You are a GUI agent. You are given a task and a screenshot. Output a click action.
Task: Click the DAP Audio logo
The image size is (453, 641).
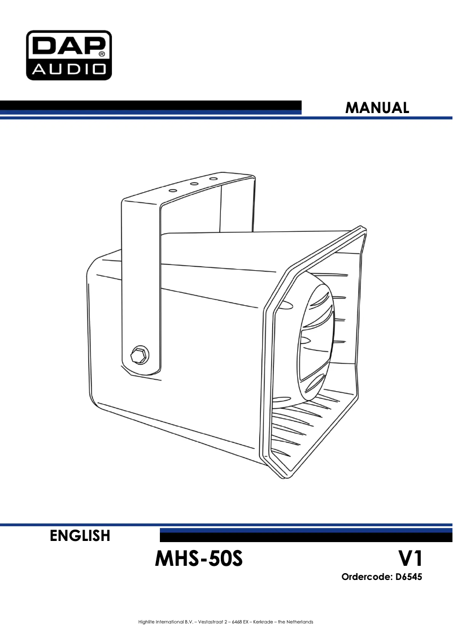[x=68, y=55]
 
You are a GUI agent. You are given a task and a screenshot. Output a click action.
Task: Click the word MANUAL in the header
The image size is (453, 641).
[x=377, y=108]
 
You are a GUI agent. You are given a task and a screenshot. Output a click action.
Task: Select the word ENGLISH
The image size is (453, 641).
[x=80, y=535]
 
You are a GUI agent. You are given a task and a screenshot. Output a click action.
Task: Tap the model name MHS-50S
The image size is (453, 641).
[x=199, y=558]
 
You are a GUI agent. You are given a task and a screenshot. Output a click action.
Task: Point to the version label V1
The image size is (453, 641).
[x=410, y=558]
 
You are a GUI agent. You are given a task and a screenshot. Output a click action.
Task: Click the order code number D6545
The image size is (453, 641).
[x=408, y=577]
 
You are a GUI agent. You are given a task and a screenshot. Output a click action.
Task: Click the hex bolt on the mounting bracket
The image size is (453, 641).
[x=140, y=355]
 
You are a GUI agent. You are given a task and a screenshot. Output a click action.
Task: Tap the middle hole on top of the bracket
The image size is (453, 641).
[x=194, y=184]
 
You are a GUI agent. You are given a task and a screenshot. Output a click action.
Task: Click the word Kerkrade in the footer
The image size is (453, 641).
[x=264, y=622]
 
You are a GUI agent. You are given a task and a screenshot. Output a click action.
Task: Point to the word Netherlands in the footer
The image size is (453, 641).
[x=300, y=622]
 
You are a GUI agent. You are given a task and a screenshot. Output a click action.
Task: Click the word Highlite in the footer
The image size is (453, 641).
[x=147, y=622]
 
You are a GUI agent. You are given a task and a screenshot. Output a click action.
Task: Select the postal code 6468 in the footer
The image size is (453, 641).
[x=237, y=622]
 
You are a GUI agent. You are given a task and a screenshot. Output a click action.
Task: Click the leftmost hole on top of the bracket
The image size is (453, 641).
[x=173, y=190]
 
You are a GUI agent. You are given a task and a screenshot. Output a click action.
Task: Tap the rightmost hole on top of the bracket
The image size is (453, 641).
[x=213, y=179]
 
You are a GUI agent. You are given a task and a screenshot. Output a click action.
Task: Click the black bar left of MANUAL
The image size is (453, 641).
[x=151, y=107]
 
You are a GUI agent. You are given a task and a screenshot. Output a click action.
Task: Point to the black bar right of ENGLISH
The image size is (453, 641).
[x=306, y=535]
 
